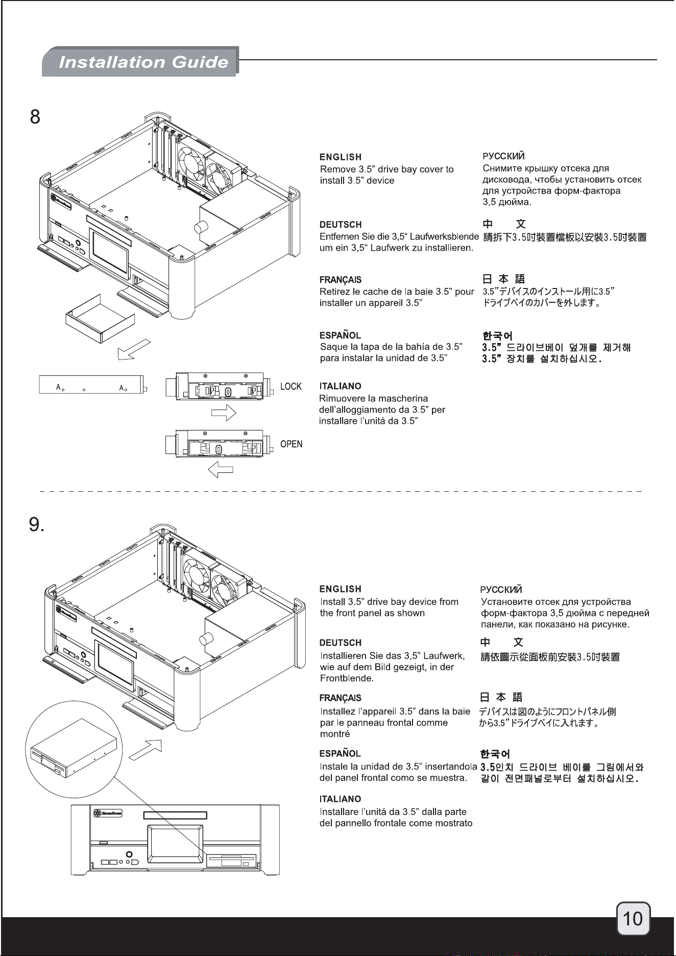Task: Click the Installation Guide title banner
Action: tap(140, 62)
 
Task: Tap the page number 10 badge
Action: tap(633, 919)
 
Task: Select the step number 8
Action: tap(35, 117)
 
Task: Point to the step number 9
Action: tap(36, 524)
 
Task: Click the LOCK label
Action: tap(291, 387)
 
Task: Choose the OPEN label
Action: tap(291, 444)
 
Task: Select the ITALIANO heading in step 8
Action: tap(340, 387)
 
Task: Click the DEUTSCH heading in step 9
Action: tap(340, 643)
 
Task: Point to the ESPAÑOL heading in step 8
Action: tap(340, 336)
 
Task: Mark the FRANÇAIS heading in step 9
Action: tap(341, 698)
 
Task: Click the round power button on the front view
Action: tap(129, 854)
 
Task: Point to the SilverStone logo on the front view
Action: tap(108, 812)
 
